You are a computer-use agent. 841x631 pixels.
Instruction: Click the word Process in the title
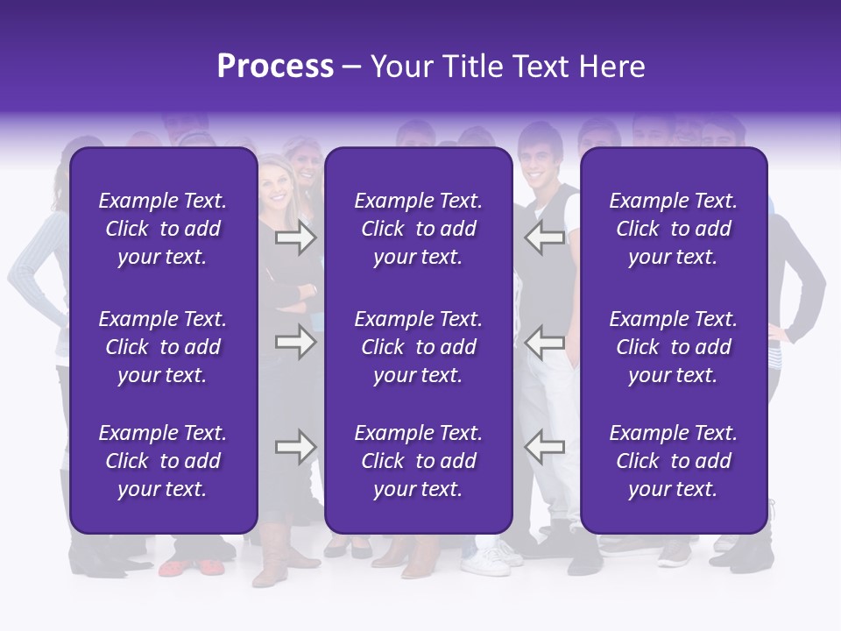pyautogui.click(x=275, y=67)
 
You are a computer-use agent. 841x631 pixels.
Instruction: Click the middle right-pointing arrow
pyautogui.click(x=295, y=342)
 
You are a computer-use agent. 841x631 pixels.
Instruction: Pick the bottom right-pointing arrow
pyautogui.click(x=295, y=447)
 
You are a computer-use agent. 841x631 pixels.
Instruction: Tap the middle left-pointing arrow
pyautogui.click(x=545, y=342)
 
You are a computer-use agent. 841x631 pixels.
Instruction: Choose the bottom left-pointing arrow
pyautogui.click(x=545, y=447)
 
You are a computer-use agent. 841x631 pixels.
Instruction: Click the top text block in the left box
pyautogui.click(x=163, y=229)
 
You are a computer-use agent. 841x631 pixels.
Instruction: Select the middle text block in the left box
pyautogui.click(x=163, y=347)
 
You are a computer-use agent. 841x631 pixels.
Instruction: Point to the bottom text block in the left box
pyautogui.click(x=163, y=461)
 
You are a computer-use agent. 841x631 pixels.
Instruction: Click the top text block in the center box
pyautogui.click(x=418, y=229)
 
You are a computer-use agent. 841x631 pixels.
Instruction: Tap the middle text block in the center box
pyautogui.click(x=418, y=347)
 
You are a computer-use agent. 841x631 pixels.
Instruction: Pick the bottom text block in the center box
pyautogui.click(x=418, y=461)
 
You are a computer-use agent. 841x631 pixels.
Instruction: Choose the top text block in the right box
pyautogui.click(x=673, y=229)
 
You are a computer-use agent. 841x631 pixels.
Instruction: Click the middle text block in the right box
pyautogui.click(x=673, y=347)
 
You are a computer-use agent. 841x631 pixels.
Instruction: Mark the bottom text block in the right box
pyautogui.click(x=673, y=461)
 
